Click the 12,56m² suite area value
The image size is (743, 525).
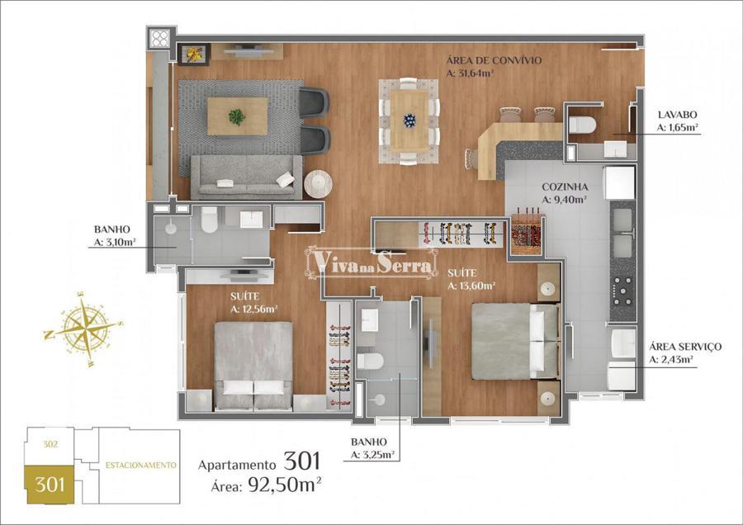253,310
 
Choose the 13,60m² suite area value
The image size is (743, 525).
471,286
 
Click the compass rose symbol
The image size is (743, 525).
83,328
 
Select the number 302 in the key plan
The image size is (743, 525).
50,444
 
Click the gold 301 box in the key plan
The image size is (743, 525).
50,485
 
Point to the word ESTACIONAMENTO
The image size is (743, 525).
140,466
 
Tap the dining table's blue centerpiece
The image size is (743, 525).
409,121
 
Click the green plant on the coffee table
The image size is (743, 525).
236,116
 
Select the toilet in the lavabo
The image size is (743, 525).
582,125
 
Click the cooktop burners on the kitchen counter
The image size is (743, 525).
622,290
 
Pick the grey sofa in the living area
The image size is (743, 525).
246,177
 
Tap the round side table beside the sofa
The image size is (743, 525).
318,184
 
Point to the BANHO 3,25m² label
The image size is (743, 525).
373,448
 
